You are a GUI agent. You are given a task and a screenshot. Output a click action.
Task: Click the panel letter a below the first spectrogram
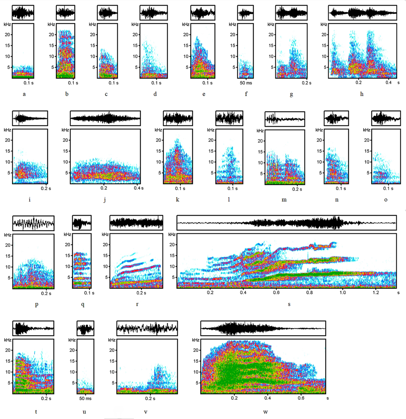(x=24, y=94)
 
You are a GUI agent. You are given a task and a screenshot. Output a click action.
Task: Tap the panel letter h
(x=362, y=94)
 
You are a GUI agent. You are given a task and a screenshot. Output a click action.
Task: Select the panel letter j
(x=105, y=200)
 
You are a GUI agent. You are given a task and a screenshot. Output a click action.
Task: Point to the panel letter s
(x=289, y=304)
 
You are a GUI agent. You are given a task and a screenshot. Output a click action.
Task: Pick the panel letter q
(x=83, y=304)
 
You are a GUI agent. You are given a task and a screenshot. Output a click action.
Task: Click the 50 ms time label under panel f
(x=246, y=83)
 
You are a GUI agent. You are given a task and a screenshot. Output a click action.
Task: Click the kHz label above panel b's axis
(x=51, y=25)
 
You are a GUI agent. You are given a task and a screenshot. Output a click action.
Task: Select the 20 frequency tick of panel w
(x=195, y=350)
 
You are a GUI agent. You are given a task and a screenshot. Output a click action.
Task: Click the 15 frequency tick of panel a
(x=8, y=45)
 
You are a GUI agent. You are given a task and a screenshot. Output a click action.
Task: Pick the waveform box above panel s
(x=286, y=223)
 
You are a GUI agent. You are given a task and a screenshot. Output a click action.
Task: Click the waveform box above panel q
(x=81, y=223)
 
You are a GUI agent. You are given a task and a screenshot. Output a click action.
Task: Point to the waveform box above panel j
(x=105, y=118)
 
